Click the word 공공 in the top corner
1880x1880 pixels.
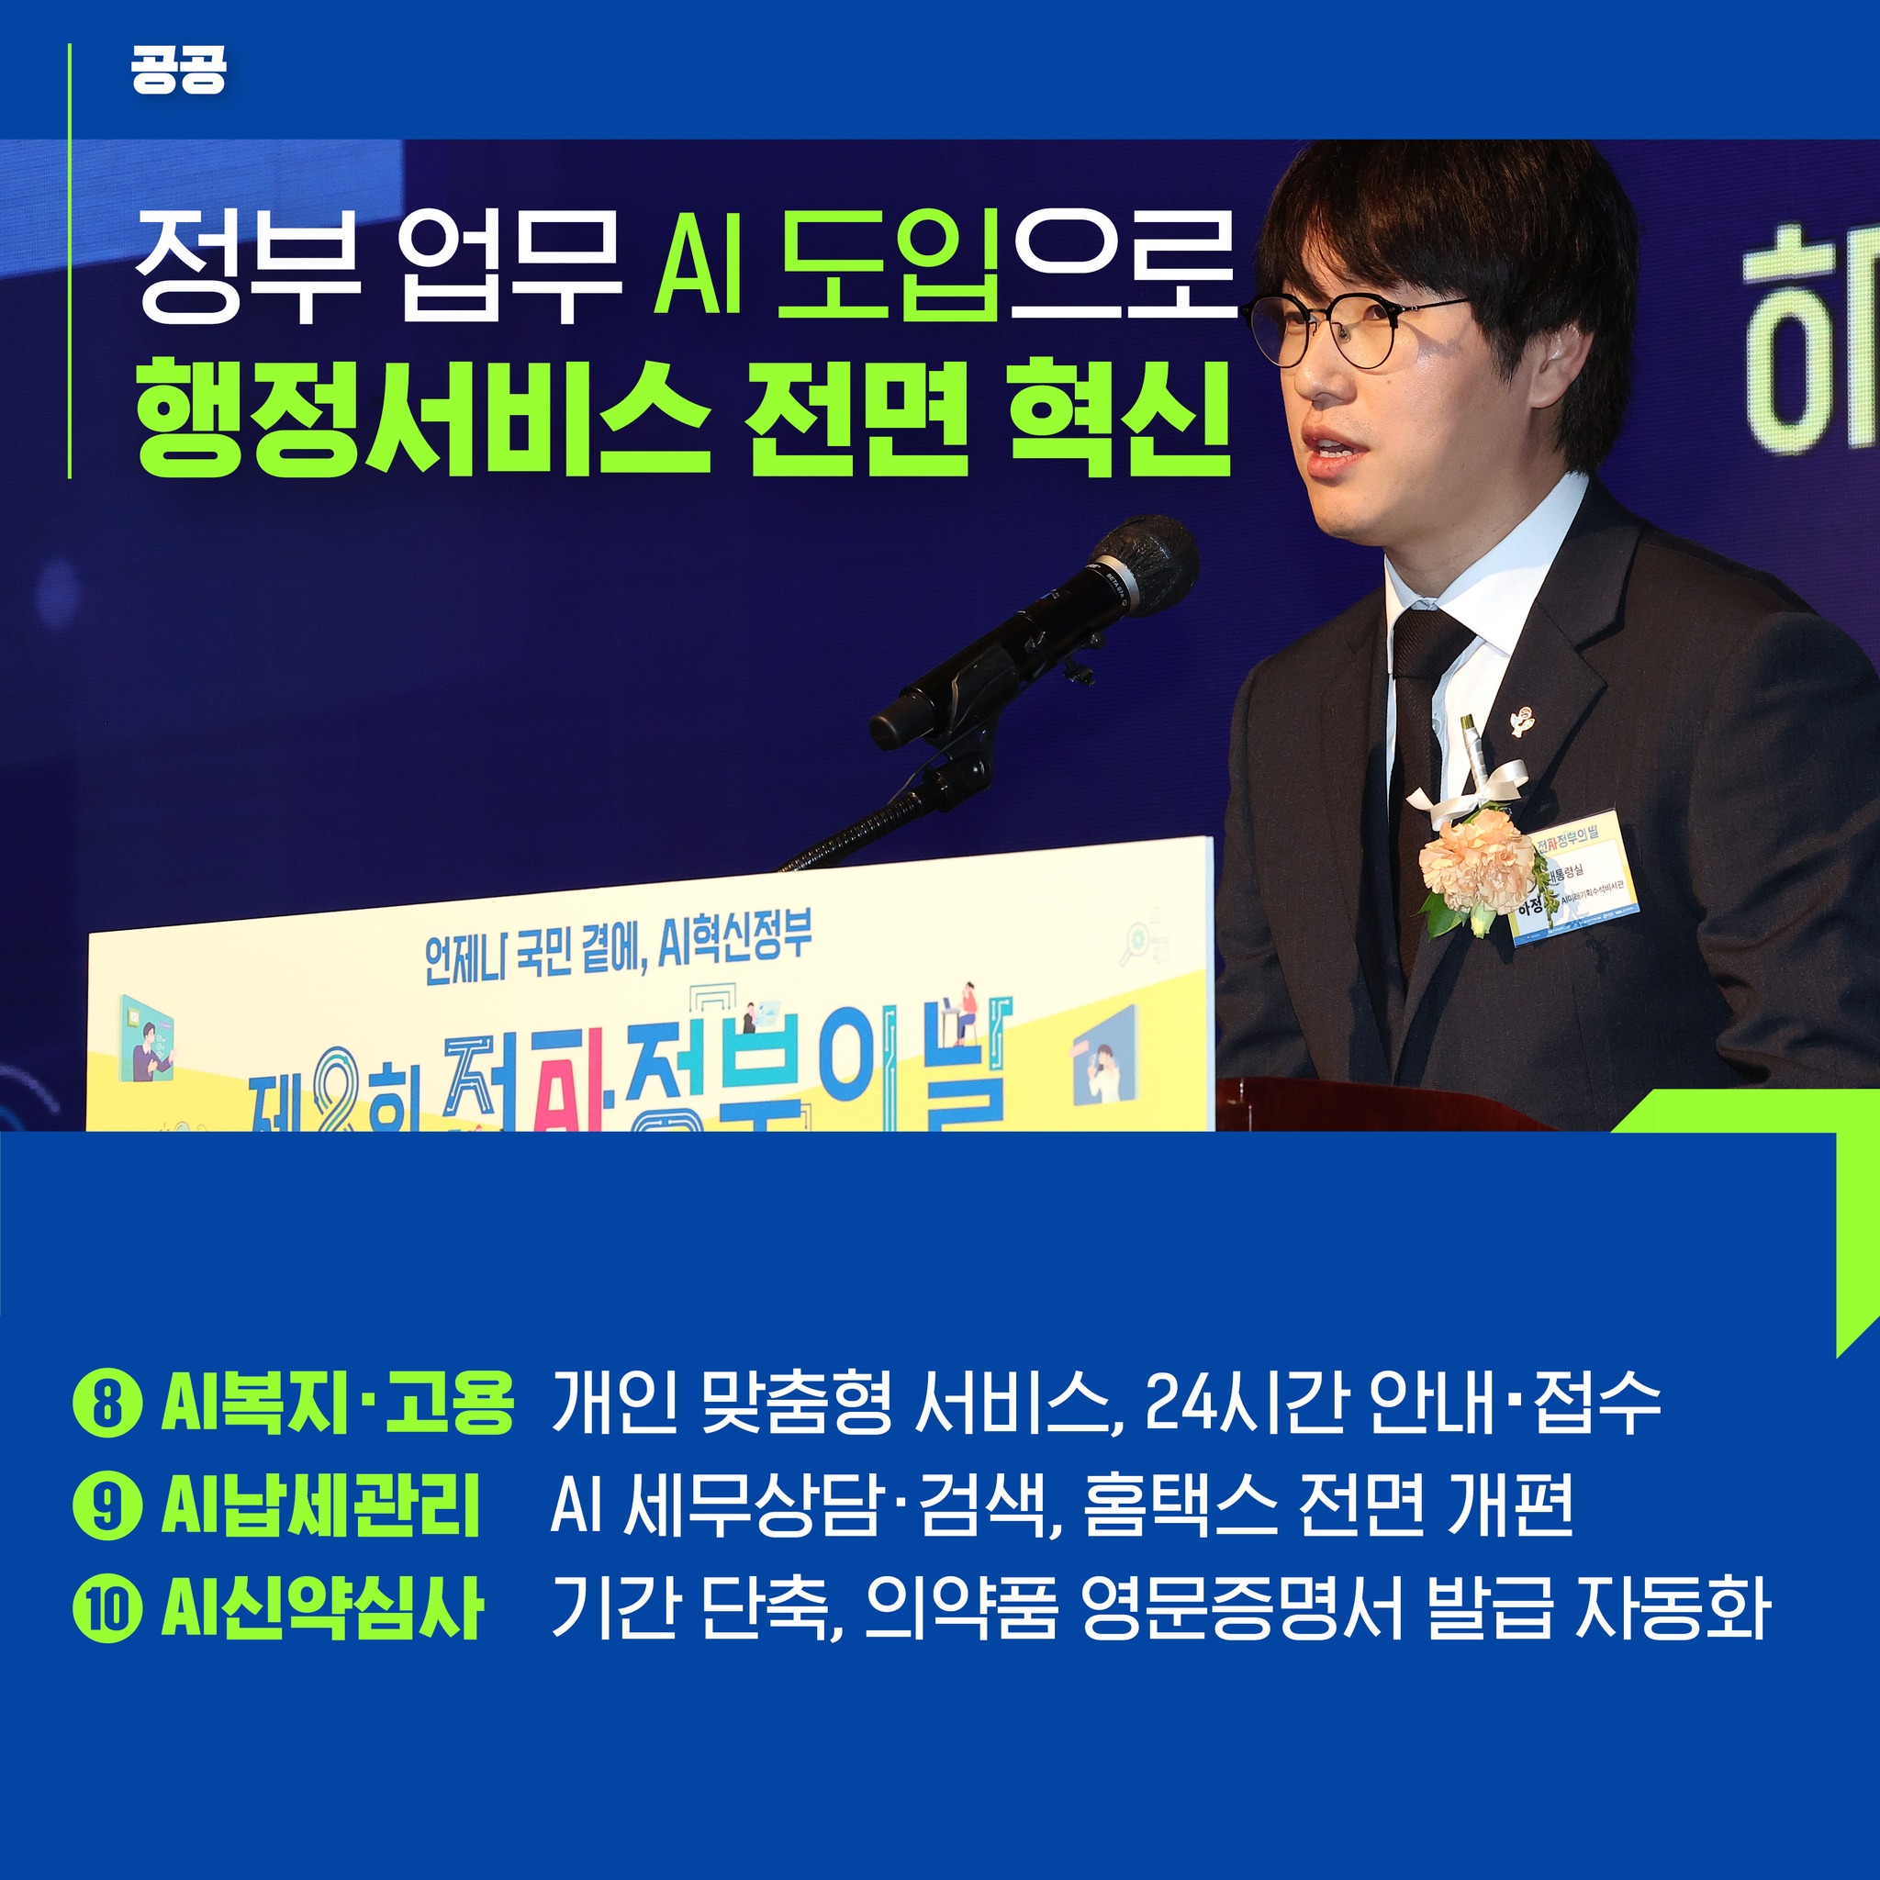tap(178, 71)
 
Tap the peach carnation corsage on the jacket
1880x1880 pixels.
tap(1475, 861)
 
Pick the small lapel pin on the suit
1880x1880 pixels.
tap(1520, 722)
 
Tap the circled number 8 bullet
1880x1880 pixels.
tap(107, 1403)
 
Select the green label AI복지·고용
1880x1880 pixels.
tap(337, 1403)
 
